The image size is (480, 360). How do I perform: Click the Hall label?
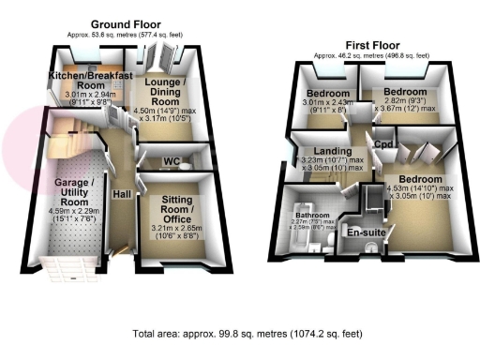pos(122,194)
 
